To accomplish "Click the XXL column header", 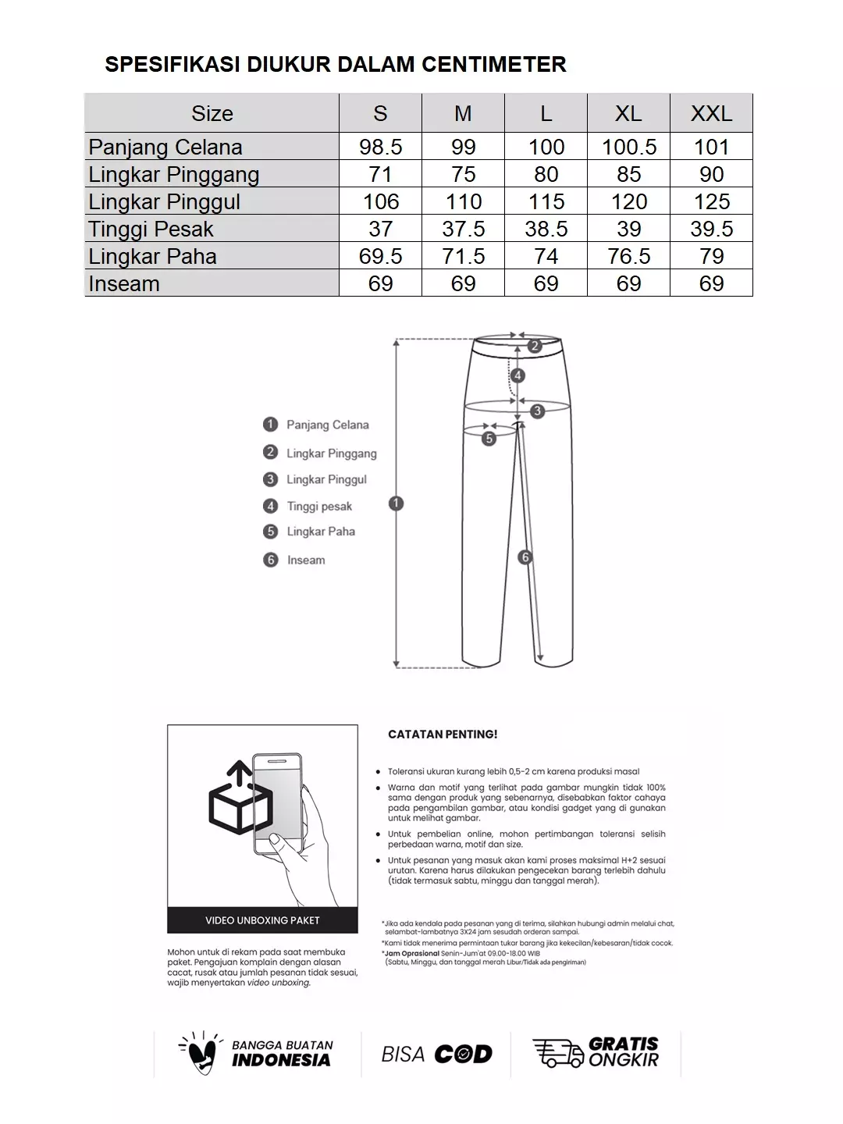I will point(711,114).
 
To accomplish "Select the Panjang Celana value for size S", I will point(380,147).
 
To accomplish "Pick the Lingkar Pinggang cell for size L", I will point(546,174).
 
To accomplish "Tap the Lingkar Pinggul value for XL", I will point(628,201).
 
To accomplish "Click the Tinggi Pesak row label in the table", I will point(151,229).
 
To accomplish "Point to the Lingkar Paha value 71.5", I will point(463,256).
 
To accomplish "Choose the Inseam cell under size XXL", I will point(711,283).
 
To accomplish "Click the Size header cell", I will point(212,114).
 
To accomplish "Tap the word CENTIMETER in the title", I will point(494,64).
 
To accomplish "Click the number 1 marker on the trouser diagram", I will point(396,503).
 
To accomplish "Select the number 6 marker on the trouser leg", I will point(525,557).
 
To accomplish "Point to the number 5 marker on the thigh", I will point(489,439).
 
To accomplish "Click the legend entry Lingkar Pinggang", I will point(331,454).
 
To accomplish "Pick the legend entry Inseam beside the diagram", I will point(305,560).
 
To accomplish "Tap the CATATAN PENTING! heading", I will point(443,735).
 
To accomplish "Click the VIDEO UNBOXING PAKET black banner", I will point(262,920).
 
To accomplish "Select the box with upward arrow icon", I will point(239,799).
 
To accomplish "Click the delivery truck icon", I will point(557,1053).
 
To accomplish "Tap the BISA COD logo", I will point(436,1055).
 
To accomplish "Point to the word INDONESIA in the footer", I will point(281,1060).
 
